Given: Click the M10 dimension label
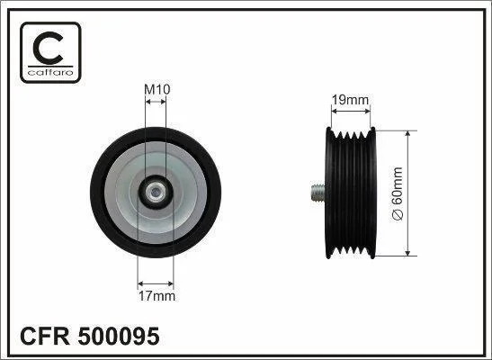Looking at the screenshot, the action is (x=157, y=90).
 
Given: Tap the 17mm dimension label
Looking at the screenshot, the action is (x=157, y=296).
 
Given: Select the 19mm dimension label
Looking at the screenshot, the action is (x=350, y=100).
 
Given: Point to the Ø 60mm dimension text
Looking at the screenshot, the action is (x=398, y=193).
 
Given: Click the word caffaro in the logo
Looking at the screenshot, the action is (x=50, y=73).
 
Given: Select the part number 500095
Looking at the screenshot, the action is (x=119, y=336).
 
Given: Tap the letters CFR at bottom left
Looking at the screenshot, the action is (x=45, y=336).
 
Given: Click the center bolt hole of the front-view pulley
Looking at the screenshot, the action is (x=156, y=193).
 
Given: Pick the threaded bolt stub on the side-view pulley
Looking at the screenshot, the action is (x=318, y=193).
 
